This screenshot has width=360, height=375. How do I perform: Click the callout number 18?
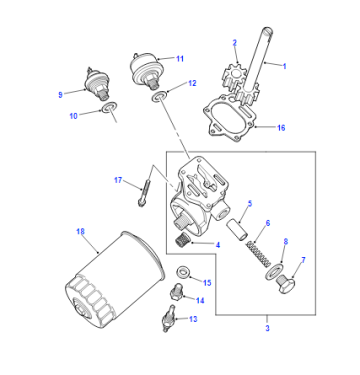coord(80,231)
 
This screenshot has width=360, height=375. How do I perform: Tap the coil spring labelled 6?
coord(259,254)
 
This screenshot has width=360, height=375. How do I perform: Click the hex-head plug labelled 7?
coord(287,285)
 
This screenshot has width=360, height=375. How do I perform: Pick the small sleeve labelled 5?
coord(237,229)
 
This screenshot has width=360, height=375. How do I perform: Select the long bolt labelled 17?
coord(144,193)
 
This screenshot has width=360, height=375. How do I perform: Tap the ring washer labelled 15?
coord(184,271)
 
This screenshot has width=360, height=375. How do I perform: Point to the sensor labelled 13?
coord(169,318)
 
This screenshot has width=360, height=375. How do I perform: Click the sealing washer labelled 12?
coord(160,97)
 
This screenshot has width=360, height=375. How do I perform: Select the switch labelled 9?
coord(97,83)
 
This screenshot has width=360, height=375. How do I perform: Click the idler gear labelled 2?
coord(233,77)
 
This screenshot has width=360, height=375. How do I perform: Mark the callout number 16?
coord(281,128)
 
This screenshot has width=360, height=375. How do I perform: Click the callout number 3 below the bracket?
coord(267,328)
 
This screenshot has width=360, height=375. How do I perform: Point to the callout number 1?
coord(285,66)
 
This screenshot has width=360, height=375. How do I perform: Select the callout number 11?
coord(180,59)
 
